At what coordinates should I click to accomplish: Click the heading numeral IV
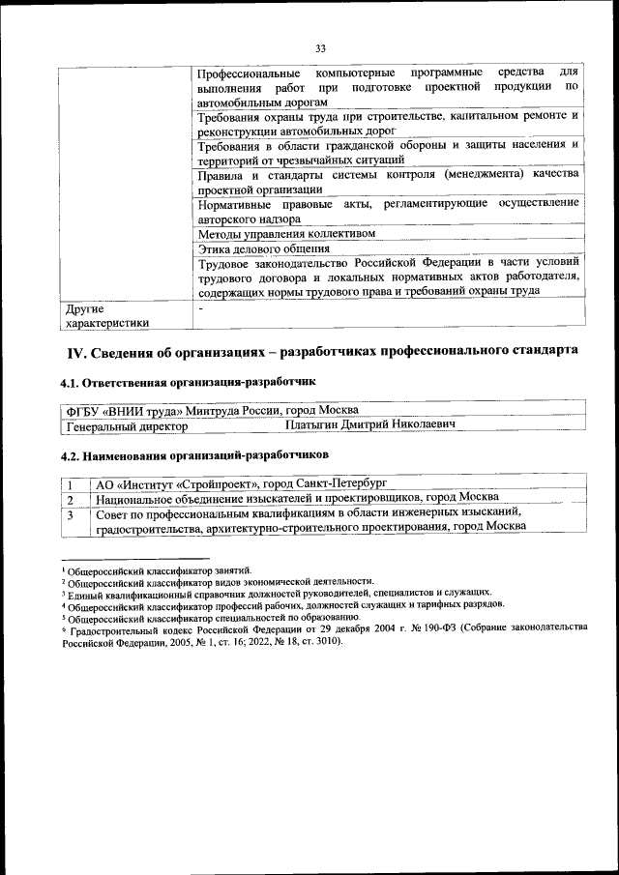(x=75, y=349)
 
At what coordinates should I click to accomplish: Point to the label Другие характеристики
(x=107, y=316)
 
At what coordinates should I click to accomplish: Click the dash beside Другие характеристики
(x=199, y=308)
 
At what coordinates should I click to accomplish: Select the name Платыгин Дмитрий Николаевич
(x=371, y=424)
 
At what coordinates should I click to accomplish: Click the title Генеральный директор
(x=120, y=424)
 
